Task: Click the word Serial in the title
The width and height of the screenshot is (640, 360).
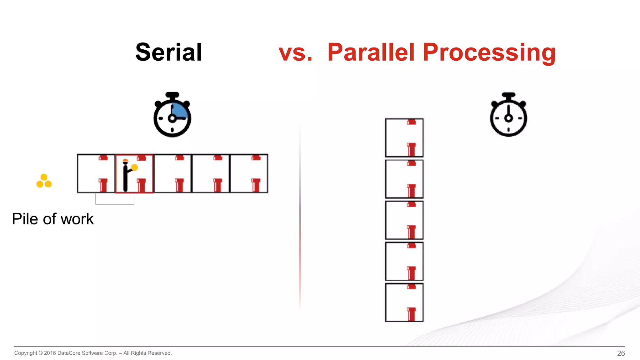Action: [168, 52]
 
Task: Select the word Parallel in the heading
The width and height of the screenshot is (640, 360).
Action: [371, 52]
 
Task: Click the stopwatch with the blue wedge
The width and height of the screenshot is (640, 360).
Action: [172, 115]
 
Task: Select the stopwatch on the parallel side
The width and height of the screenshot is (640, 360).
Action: [508, 115]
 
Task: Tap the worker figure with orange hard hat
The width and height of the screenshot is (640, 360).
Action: [126, 176]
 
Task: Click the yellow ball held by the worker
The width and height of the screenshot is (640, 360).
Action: [135, 167]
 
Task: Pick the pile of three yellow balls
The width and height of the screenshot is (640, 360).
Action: [44, 181]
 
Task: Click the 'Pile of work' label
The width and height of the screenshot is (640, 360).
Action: [53, 219]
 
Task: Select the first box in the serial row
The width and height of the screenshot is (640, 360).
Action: [96, 173]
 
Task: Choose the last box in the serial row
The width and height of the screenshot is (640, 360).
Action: [249, 173]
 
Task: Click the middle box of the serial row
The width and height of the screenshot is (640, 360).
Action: [172, 173]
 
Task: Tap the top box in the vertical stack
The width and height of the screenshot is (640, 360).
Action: [404, 137]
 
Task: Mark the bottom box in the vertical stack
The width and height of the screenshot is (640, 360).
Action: [404, 302]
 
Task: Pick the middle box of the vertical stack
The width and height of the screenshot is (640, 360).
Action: [404, 220]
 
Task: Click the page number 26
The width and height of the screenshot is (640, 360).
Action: [621, 353]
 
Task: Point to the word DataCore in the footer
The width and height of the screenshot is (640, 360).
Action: [69, 353]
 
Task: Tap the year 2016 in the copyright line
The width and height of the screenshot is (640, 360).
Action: [50, 353]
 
